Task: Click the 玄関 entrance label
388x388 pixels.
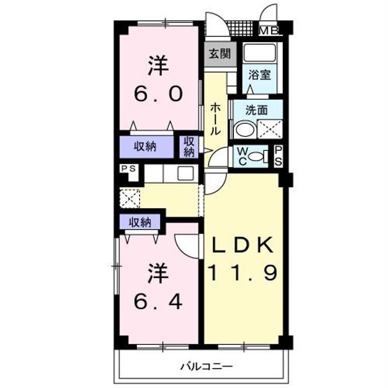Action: point(220,54)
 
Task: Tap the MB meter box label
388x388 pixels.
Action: point(269,31)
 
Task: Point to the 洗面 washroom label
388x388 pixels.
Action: point(256,110)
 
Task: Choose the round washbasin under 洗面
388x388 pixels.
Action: point(244,130)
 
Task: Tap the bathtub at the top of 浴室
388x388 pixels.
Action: point(260,53)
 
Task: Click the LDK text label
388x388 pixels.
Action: point(242,246)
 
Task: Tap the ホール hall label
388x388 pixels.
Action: point(214,119)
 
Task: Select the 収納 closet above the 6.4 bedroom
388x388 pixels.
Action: point(140,221)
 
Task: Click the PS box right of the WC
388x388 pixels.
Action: point(279,156)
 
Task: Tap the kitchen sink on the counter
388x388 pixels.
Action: point(185,174)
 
